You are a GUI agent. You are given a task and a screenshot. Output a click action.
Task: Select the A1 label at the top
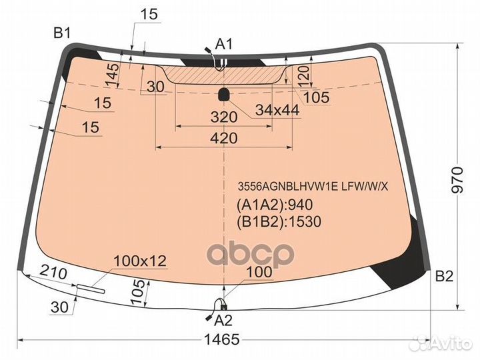point(225,44)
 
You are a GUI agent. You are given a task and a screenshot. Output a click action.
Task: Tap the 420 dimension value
point(223,139)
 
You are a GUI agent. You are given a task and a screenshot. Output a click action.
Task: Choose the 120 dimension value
point(304,75)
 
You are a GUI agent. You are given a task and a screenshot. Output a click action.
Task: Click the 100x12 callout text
point(139,261)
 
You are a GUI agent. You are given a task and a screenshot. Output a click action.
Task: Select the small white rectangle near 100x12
point(91,289)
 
